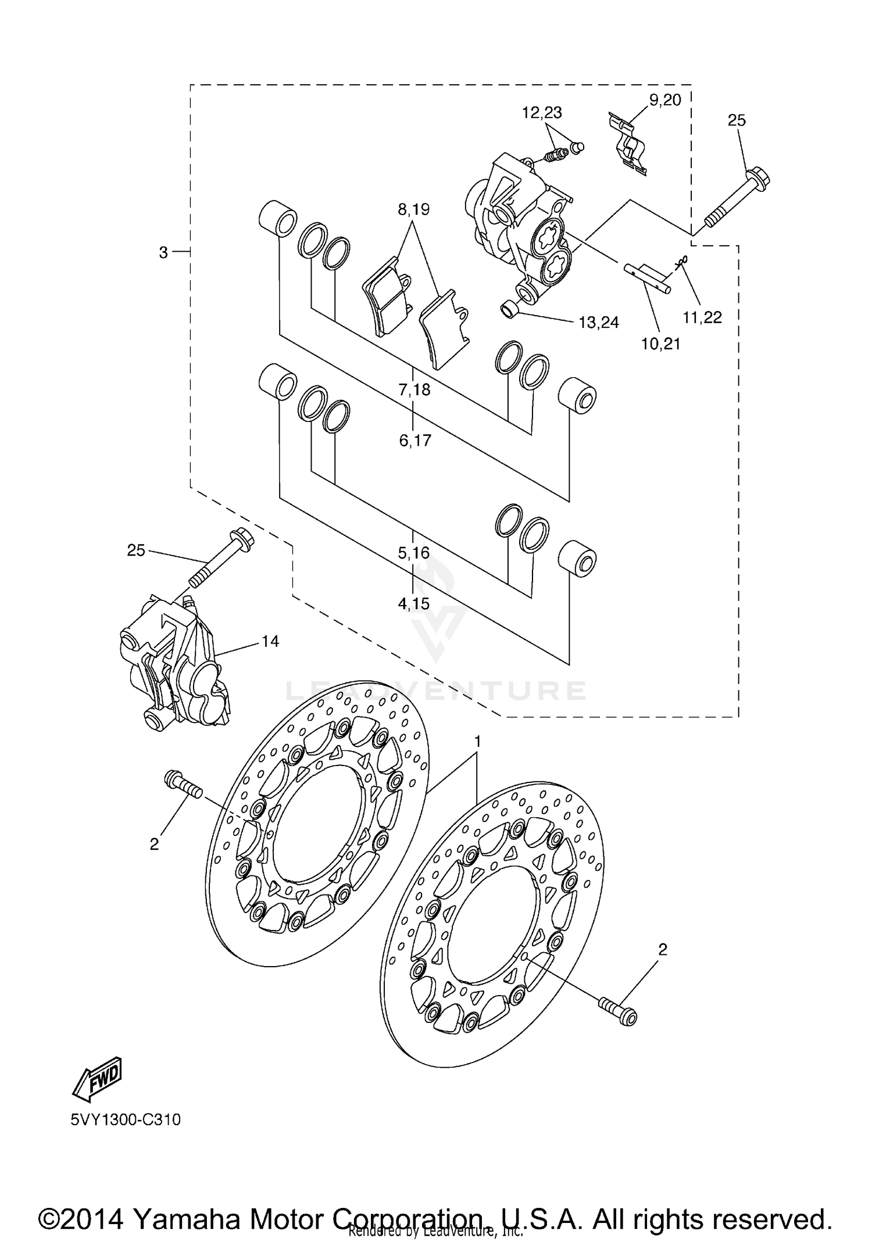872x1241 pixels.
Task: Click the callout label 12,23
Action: [x=541, y=113]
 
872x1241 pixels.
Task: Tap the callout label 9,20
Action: [x=664, y=100]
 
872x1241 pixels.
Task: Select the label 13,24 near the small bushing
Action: [x=598, y=323]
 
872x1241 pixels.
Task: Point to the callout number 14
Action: [x=270, y=641]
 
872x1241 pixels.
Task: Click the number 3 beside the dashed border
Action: [x=163, y=252]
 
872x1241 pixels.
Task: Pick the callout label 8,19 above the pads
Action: [x=413, y=210]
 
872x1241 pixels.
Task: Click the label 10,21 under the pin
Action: [x=660, y=344]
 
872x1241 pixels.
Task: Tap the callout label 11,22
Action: [x=702, y=317]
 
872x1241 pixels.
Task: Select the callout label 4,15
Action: [x=414, y=604]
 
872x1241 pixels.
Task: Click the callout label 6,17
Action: [x=415, y=441]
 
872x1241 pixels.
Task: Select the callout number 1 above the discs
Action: [x=477, y=742]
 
